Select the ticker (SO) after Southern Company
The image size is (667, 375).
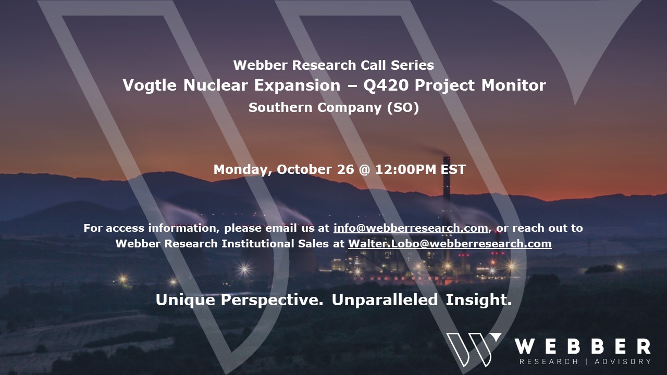click(x=403, y=107)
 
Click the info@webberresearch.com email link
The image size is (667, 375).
click(x=411, y=228)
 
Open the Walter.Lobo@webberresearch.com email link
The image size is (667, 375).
click(x=450, y=244)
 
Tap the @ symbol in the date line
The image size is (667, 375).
click(x=365, y=170)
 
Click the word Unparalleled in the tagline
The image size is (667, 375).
click(x=385, y=299)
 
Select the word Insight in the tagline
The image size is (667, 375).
click(x=479, y=299)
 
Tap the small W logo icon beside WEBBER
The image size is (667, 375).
click(x=474, y=349)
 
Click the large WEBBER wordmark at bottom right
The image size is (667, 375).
click(x=583, y=346)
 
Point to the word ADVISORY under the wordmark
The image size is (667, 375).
click(x=623, y=361)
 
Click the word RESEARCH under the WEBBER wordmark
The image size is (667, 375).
click(x=549, y=361)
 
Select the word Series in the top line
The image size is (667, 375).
click(x=412, y=66)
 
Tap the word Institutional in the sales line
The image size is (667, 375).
click(x=258, y=244)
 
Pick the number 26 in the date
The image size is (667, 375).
click(x=345, y=170)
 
